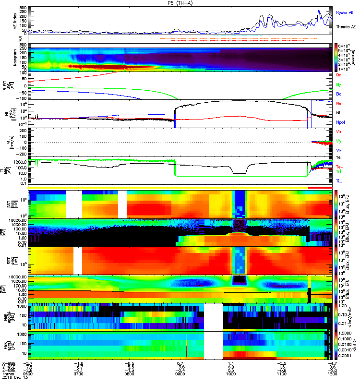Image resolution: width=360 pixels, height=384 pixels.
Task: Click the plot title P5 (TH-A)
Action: [x=179, y=3]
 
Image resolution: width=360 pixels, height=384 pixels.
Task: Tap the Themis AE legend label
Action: [x=346, y=27]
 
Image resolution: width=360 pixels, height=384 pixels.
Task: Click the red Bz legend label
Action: [x=339, y=75]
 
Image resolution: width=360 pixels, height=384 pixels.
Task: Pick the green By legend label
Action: [x=339, y=84]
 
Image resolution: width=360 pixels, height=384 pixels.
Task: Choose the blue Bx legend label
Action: [x=339, y=94]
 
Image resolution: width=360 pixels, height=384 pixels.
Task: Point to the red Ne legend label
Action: [x=339, y=103]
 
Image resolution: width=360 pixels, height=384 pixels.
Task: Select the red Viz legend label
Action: [x=339, y=132]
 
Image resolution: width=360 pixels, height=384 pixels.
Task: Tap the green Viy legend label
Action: [x=339, y=141]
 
